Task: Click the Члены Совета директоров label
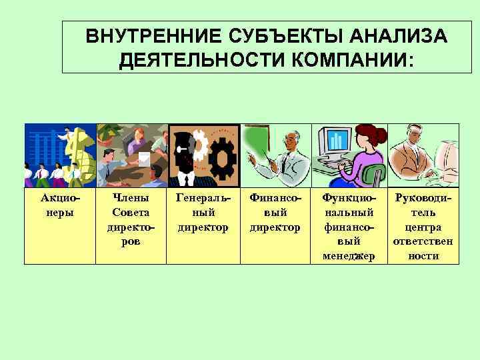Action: point(131,219)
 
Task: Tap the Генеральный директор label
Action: point(203,213)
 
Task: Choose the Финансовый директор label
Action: point(275,213)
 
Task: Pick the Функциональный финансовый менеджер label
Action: point(349,227)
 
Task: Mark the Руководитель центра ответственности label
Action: point(423,227)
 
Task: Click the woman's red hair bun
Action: point(379,136)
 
